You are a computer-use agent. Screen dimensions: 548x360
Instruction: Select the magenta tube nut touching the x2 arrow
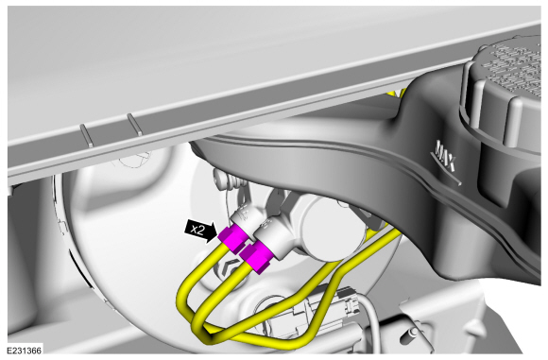[x=233, y=239]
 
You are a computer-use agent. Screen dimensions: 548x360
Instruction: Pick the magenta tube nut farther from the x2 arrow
[x=257, y=257]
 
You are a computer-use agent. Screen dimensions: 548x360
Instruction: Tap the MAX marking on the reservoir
[x=445, y=156]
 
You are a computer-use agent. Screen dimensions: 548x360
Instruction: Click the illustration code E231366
[x=25, y=351]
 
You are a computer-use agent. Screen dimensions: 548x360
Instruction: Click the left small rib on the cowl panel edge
[x=86, y=135]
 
